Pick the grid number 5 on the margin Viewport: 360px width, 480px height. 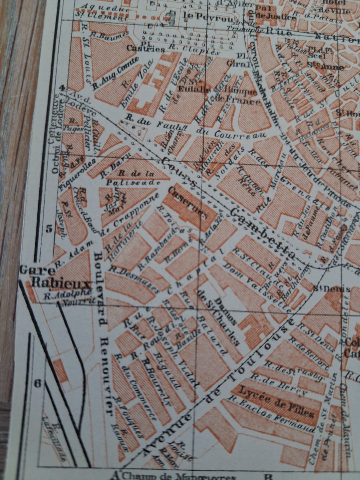click(49, 229)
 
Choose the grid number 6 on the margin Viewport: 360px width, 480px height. click(37, 383)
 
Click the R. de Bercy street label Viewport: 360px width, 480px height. click(279, 382)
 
